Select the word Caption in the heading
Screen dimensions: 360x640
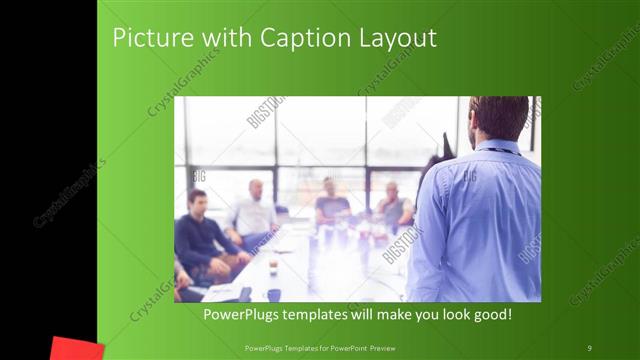coord(300,39)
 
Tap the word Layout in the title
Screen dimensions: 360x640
coord(397,39)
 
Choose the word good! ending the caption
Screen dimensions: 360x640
coord(489,315)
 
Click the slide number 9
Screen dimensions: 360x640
coord(589,347)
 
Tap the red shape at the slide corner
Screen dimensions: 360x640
coord(77,349)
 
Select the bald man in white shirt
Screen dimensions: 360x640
coord(255,211)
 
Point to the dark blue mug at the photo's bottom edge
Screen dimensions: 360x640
coord(274,295)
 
